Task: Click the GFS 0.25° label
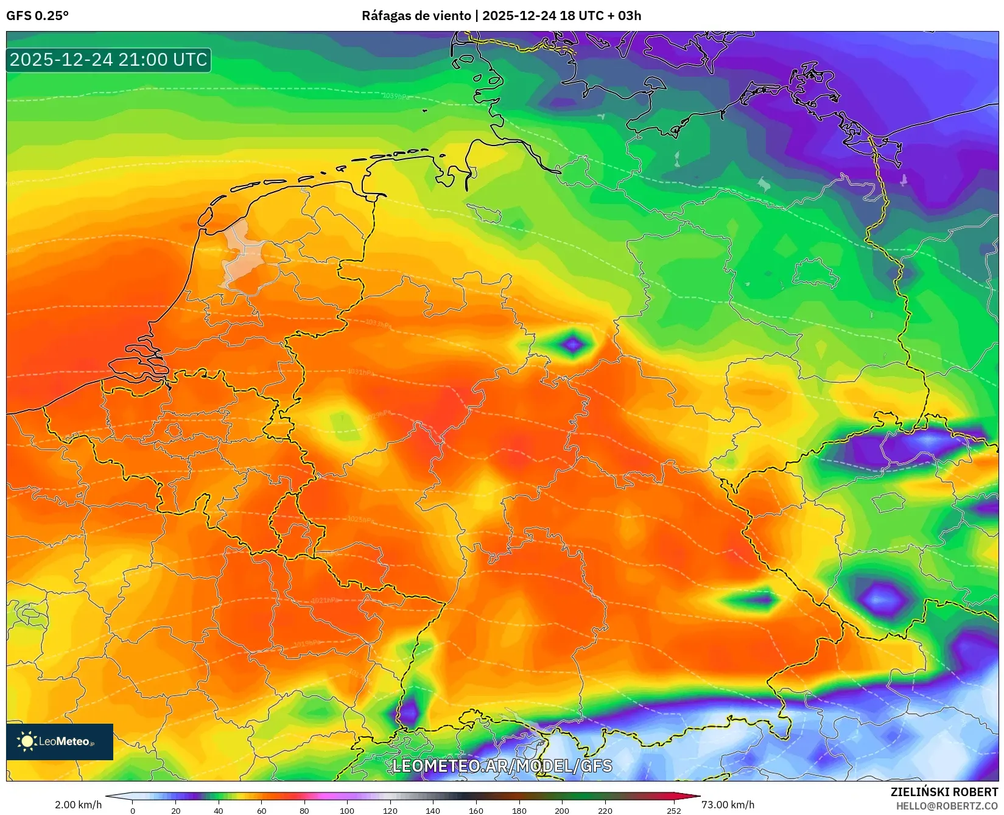(x=37, y=16)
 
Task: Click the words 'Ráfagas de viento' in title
(x=416, y=16)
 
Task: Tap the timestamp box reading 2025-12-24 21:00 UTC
(x=108, y=60)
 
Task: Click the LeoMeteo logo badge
(x=60, y=741)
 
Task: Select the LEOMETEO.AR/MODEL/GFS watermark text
(x=502, y=766)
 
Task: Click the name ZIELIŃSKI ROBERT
(x=944, y=792)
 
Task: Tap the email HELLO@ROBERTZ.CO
(x=947, y=806)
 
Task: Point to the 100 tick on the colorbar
(x=347, y=810)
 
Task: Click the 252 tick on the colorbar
(x=673, y=810)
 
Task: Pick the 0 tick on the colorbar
(x=133, y=810)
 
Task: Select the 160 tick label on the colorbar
(x=476, y=810)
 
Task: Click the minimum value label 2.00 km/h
(x=78, y=805)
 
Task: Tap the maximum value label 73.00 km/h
(x=728, y=805)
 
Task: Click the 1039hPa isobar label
(x=396, y=96)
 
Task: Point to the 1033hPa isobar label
(x=378, y=323)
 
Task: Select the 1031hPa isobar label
(x=360, y=372)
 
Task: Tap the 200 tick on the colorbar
(x=562, y=810)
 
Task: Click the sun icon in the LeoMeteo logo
(x=27, y=741)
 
